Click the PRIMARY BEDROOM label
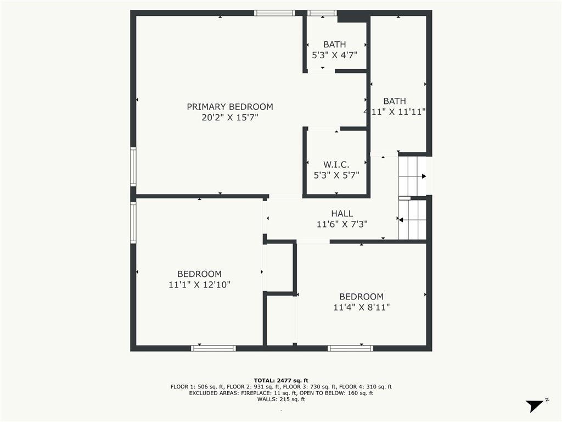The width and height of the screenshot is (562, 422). coord(230,107)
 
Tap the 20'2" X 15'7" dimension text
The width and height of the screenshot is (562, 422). coord(230,118)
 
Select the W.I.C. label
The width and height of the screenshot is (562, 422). coord(336,165)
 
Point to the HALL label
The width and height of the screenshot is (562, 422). coord(342,214)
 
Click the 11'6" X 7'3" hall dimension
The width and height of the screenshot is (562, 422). coord(342,224)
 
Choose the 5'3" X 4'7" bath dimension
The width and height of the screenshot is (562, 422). coord(334,55)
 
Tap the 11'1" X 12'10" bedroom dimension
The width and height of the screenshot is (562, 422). coord(199,285)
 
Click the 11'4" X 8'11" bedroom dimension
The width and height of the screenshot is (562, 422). coord(361,307)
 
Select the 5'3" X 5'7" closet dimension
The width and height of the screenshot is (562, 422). coord(336,175)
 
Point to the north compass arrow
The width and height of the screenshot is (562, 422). coord(535,406)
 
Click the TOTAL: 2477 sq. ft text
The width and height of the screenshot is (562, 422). coord(281,380)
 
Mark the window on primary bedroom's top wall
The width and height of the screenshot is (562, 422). coord(274,13)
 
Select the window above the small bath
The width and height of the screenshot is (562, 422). coord(322,13)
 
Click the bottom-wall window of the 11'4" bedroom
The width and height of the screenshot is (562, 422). coord(350,348)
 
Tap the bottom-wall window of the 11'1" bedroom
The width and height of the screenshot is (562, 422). coord(213,348)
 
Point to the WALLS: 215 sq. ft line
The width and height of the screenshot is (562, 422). coord(281,399)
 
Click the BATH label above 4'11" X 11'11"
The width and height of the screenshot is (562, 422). coord(395,101)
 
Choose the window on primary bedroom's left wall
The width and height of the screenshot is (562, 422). coord(133,166)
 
